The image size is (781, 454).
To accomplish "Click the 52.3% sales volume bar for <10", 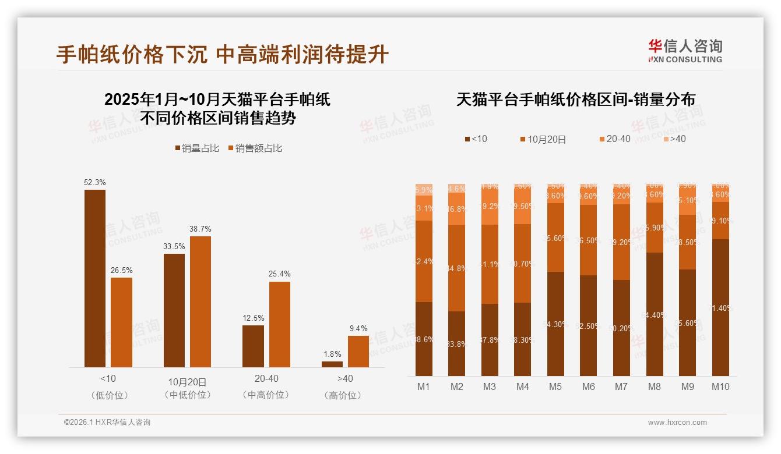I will (x=95, y=278).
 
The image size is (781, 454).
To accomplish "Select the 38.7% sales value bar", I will (x=200, y=302).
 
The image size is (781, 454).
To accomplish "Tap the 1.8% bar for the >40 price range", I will (x=332, y=364).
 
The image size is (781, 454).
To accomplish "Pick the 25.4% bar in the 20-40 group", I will (x=279, y=324).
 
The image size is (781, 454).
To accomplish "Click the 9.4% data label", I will (x=358, y=329).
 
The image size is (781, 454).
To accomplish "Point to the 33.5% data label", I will (x=174, y=247).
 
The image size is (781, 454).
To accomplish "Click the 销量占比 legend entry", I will (x=197, y=148).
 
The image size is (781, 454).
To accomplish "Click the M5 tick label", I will (x=555, y=386).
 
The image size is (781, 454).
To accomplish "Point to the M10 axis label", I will (x=720, y=386).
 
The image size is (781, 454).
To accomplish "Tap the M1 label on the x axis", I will (x=424, y=386).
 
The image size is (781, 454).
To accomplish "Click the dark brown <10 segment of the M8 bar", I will (x=655, y=314).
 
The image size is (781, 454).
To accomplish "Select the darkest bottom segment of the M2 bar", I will (x=457, y=343).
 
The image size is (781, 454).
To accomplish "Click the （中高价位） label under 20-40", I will (x=266, y=395).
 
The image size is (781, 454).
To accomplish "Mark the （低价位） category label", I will (x=109, y=395).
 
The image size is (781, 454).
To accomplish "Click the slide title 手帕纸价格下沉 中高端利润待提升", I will (x=222, y=55).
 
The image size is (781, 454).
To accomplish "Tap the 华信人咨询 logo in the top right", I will (x=685, y=51).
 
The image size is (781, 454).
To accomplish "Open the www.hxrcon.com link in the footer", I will (x=677, y=423).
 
